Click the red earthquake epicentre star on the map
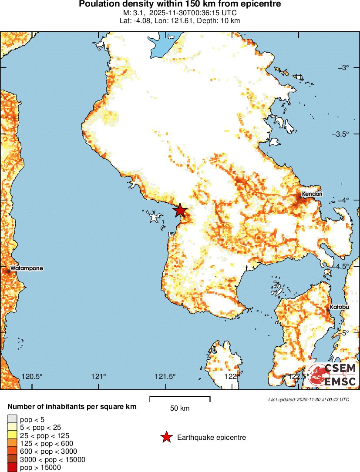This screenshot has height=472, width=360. [x=180, y=211]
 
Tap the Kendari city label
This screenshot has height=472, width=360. [x=313, y=194]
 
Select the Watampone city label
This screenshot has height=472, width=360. [x=27, y=268]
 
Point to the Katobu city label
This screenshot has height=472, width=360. [x=339, y=307]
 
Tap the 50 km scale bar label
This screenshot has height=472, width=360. [x=180, y=408]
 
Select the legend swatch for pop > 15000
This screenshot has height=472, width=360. [x=12, y=468]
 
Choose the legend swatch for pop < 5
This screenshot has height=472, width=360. [x=12, y=420]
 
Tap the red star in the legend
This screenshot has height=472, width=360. [x=166, y=437]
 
